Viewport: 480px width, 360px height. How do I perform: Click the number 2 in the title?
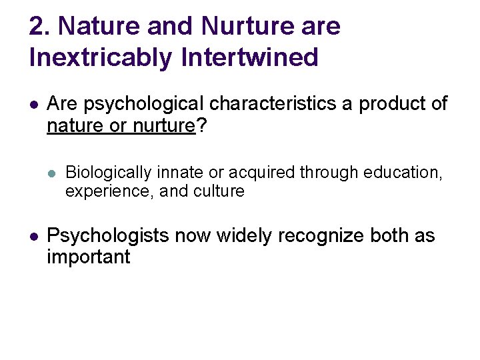pos(39,27)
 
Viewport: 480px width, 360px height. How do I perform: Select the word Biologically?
pos(109,173)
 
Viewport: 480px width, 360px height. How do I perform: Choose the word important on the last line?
pos(88,257)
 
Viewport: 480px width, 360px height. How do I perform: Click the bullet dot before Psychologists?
pos(33,236)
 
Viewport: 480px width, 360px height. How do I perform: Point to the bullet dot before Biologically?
pos(52,173)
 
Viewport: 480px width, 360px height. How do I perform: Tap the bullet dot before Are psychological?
pos(33,105)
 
